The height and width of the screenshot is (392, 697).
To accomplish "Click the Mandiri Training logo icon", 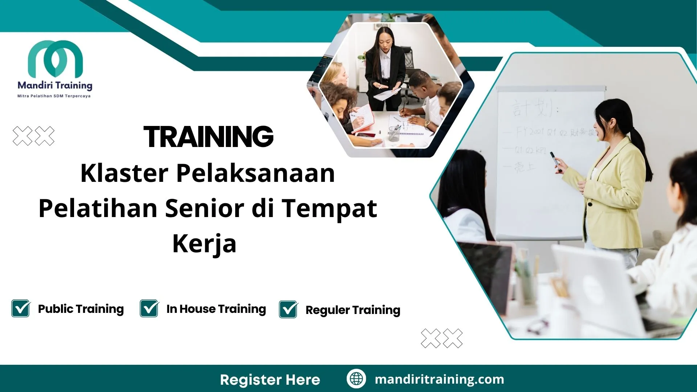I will [55, 58].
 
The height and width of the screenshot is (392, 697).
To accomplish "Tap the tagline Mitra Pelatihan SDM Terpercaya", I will [54, 96].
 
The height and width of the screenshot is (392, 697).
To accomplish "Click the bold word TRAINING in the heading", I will [208, 137].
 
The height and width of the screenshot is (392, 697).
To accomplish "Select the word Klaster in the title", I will [124, 173].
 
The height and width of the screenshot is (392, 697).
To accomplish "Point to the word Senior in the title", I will [204, 208].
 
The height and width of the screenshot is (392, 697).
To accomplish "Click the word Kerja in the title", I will [204, 244].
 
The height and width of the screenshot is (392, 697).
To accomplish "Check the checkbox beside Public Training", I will [21, 309].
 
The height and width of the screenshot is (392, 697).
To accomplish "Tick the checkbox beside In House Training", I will [149, 309].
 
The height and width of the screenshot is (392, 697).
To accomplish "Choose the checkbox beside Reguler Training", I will [288, 310].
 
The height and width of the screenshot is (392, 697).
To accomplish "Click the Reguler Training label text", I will [352, 310].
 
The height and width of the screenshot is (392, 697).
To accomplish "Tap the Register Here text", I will [270, 380].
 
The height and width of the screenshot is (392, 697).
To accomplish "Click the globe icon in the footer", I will [356, 379].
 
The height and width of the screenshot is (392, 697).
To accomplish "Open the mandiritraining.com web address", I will [439, 379].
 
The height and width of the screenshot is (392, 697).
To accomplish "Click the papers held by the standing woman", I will [387, 94].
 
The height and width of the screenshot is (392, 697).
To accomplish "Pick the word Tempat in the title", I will [330, 208].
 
